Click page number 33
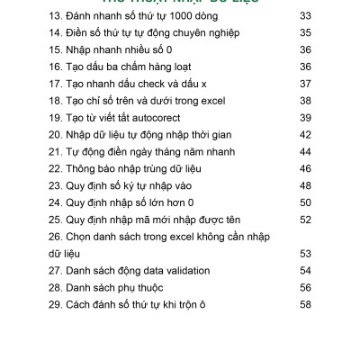[x=305, y=15]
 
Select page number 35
[x=305, y=32]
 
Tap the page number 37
[x=305, y=84]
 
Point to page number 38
[x=305, y=101]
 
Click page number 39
[x=305, y=118]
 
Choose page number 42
[x=305, y=135]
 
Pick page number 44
[x=305, y=152]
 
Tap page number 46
[x=305, y=169]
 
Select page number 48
[x=305, y=186]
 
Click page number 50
[x=305, y=203]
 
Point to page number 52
[x=305, y=220]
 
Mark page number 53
[x=305, y=254]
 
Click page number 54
[x=305, y=271]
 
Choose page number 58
[x=305, y=305]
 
